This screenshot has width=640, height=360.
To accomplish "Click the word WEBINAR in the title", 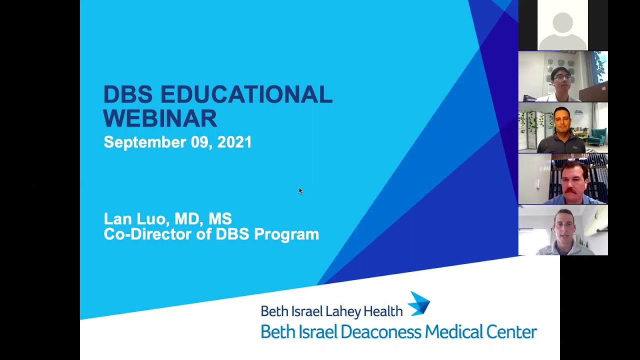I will click(160, 119).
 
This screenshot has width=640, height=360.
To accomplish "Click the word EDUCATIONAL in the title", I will click(246, 94).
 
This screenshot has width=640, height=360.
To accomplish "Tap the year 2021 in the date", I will click(234, 142).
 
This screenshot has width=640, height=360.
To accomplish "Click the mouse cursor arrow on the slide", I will click(300, 190).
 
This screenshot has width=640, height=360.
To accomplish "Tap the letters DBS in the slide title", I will click(128, 94).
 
